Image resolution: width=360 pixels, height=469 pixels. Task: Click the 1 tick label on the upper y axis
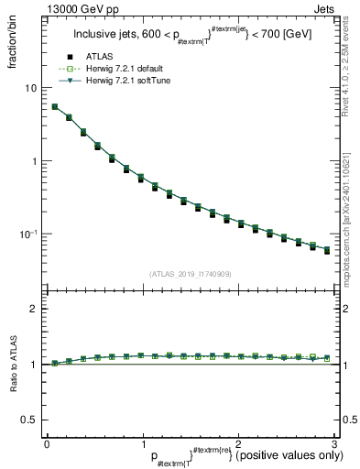[34, 161]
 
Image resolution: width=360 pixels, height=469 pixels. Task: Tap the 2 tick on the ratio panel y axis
[34, 309]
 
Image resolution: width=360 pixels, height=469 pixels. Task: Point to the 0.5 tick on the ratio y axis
[29, 419]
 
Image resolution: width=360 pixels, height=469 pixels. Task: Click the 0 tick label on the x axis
[47, 444]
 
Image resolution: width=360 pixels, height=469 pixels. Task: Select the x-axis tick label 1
[142, 444]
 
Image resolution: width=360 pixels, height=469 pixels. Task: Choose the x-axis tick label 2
[237, 444]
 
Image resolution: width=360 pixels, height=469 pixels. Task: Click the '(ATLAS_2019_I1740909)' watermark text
[190, 274]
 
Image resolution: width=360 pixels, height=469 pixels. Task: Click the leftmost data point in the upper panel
[54, 106]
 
